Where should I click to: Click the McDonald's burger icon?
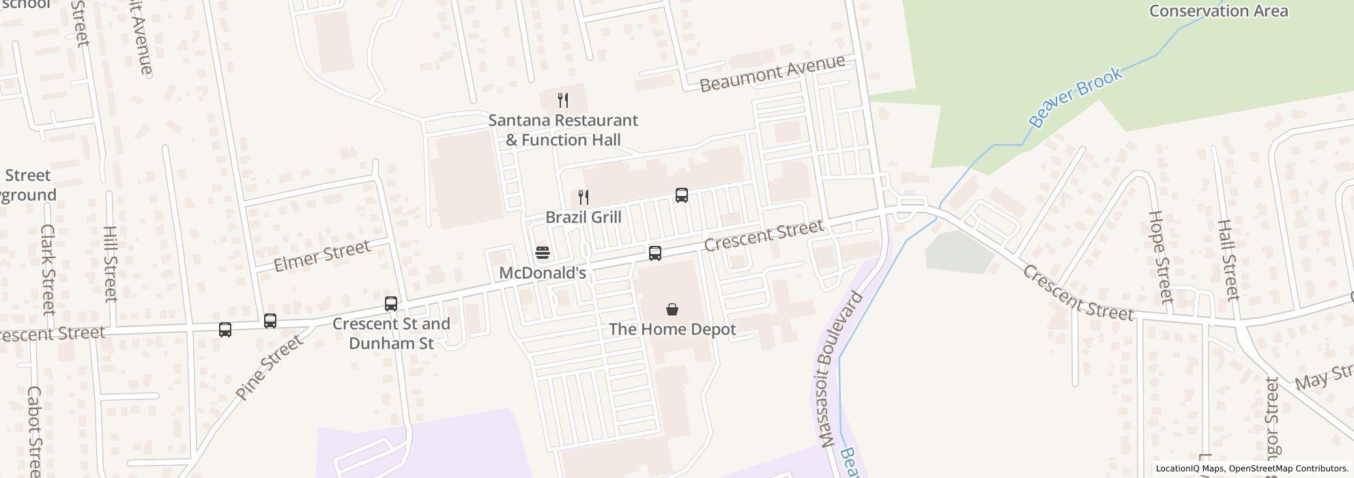(x=543, y=253)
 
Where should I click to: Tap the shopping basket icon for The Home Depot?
(x=672, y=309)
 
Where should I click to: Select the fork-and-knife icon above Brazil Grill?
(x=584, y=197)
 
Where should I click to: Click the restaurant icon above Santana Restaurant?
(x=563, y=100)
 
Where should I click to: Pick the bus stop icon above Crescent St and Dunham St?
(x=391, y=304)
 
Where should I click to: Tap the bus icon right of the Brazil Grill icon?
(x=682, y=195)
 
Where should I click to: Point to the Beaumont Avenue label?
(x=773, y=74)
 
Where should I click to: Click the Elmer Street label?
(x=321, y=255)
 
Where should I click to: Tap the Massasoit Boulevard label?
(x=839, y=369)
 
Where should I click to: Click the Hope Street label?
(x=1159, y=256)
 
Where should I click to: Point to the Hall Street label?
(x=1227, y=259)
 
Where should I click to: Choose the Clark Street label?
(x=47, y=269)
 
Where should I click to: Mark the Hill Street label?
(x=111, y=264)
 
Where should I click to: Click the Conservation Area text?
(x=1218, y=11)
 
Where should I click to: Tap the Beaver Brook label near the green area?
(x=1076, y=98)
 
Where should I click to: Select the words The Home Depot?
(x=672, y=329)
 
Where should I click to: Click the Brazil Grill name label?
(x=584, y=217)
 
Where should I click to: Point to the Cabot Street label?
(x=34, y=430)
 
